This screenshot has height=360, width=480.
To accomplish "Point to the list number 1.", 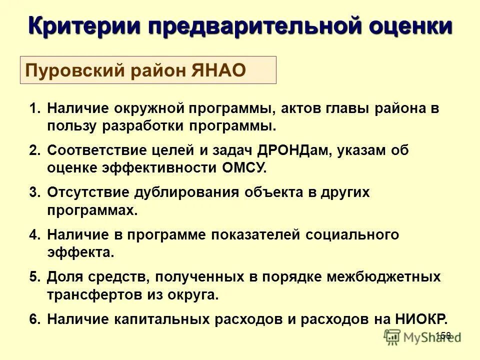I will pyautogui.click(x=33, y=108).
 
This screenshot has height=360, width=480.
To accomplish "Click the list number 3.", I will pyautogui.click(x=33, y=192).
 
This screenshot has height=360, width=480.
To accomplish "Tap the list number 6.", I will pyautogui.click(x=33, y=319).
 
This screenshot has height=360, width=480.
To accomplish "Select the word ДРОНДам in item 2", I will pyautogui.click(x=294, y=150).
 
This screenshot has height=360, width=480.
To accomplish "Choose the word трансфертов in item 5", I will pyautogui.click(x=89, y=294).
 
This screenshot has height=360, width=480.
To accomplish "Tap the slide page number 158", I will pyautogui.click(x=443, y=335).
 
